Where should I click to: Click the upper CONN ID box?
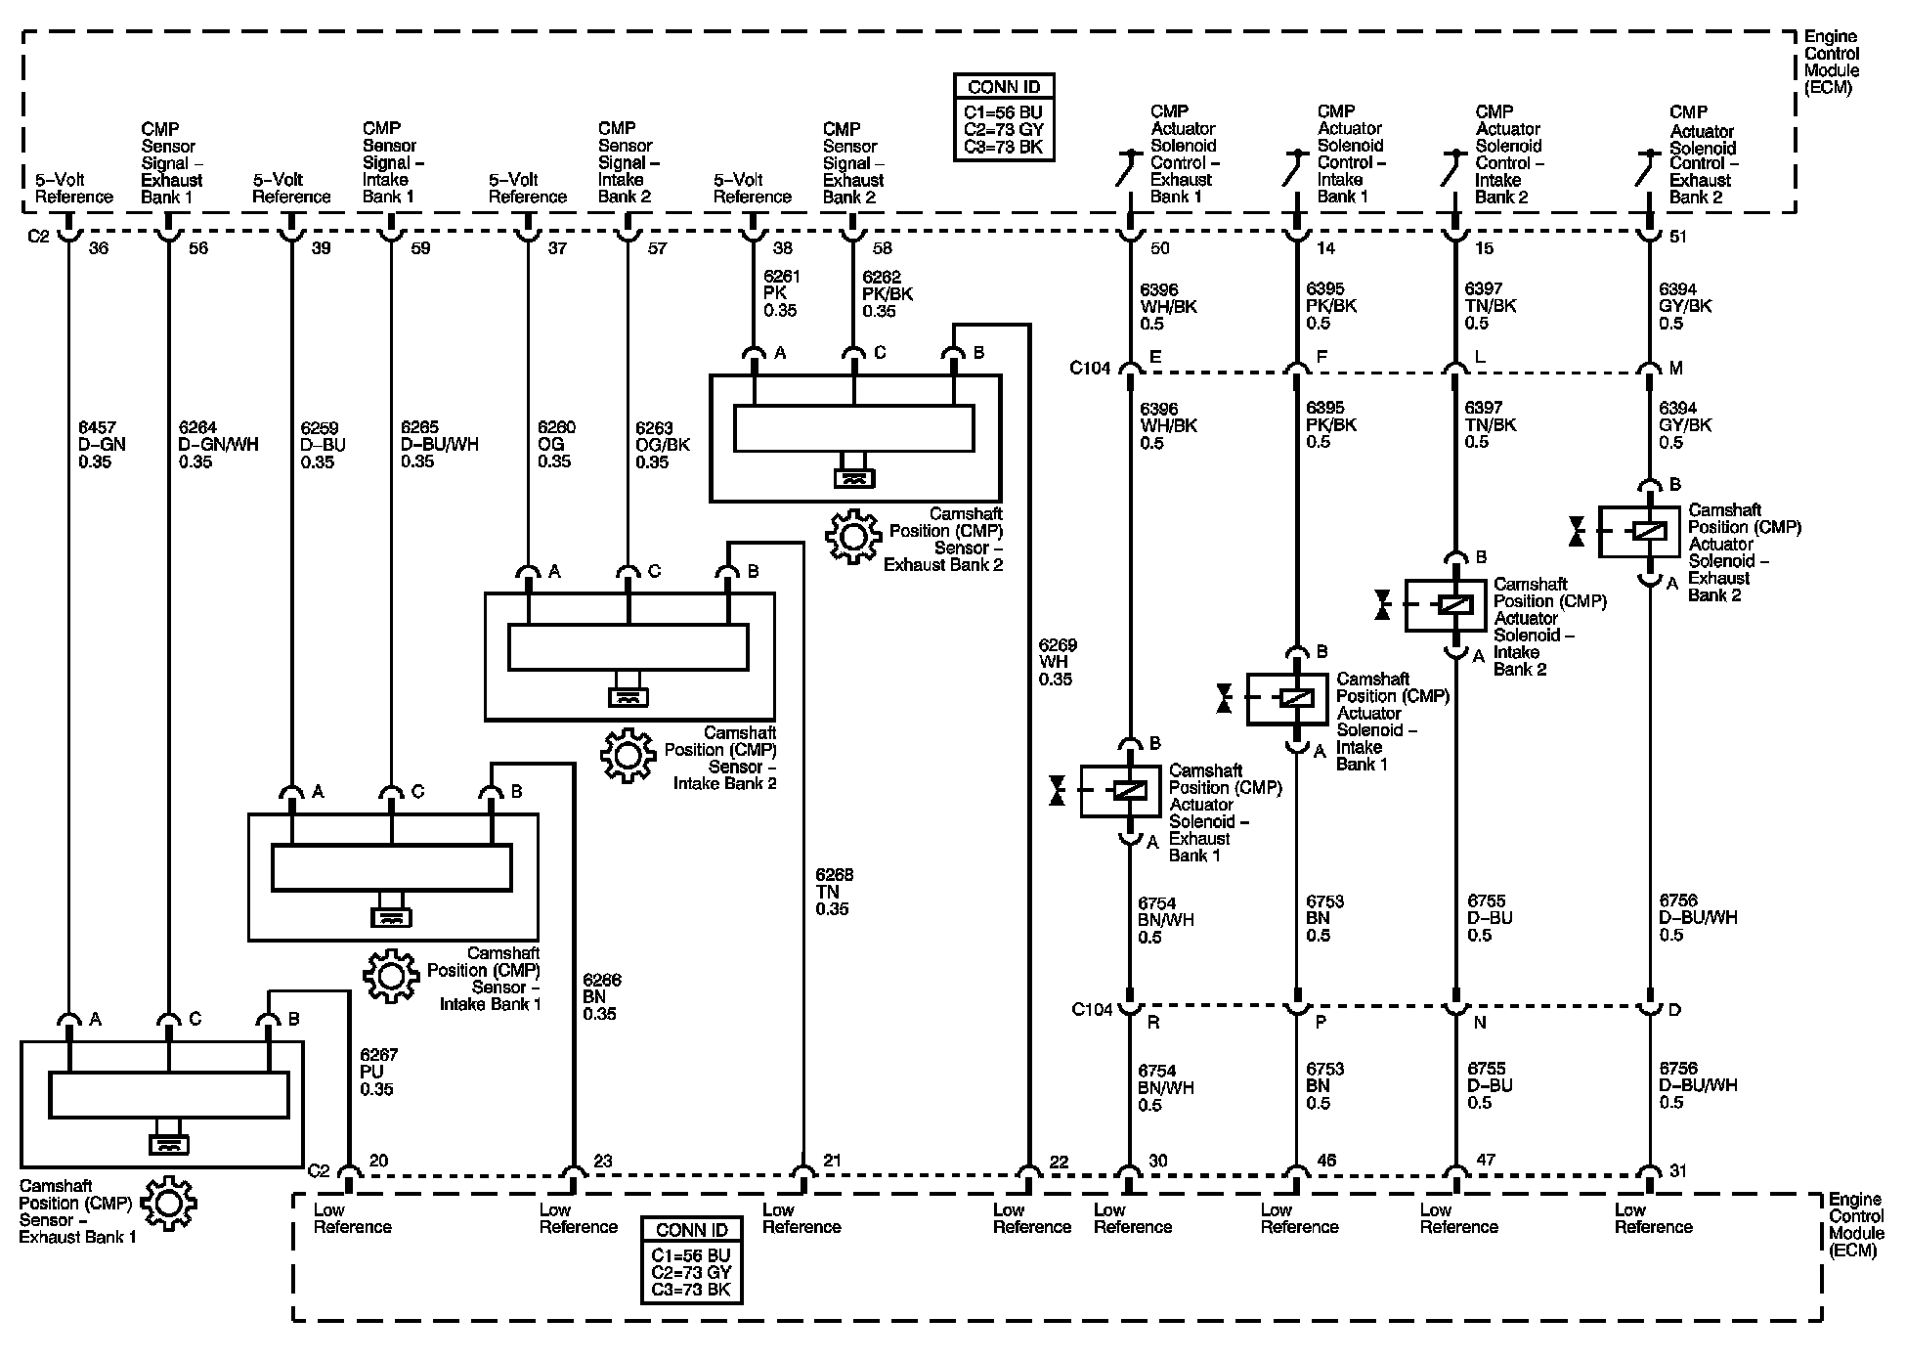[1005, 116]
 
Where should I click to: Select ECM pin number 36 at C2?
[99, 248]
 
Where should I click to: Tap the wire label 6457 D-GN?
[103, 444]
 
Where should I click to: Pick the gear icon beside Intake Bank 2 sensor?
[628, 755]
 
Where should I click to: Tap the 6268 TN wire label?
[833, 892]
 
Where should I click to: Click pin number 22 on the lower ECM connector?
[1059, 1163]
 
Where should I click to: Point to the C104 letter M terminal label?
[1675, 368]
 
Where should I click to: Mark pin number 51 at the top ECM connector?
[1677, 237]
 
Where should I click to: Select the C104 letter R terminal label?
[1153, 1022]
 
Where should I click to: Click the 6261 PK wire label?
[780, 293]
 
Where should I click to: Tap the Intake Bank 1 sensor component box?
[393, 877]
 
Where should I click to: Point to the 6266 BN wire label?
[600, 997]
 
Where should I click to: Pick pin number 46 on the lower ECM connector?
[1325, 1161]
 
